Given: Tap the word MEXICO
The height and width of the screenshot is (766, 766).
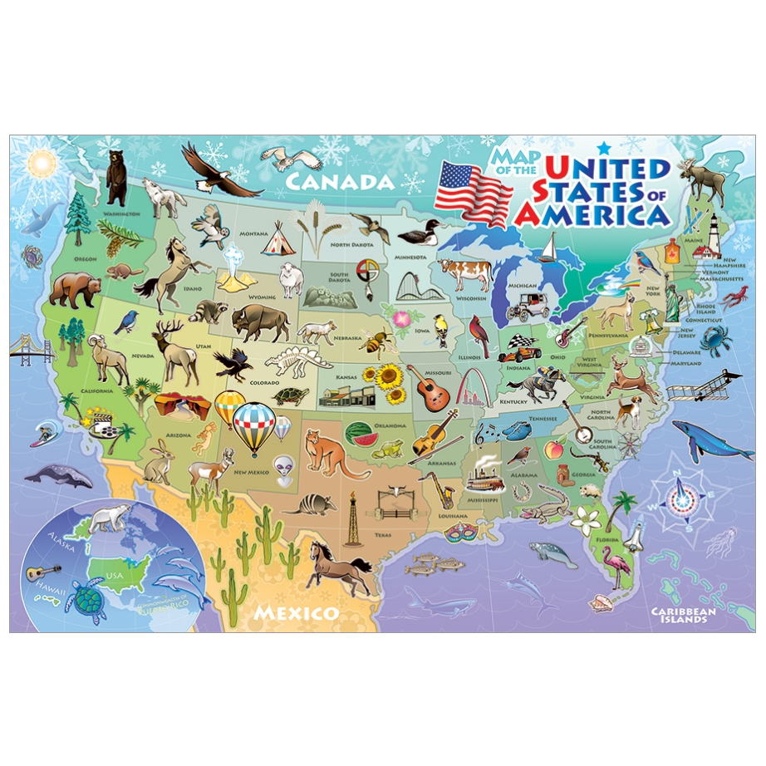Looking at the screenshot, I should [x=297, y=613].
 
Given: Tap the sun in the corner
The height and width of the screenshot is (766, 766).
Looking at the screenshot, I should [x=40, y=163].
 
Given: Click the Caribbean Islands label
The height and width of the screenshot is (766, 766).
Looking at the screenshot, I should [x=685, y=615].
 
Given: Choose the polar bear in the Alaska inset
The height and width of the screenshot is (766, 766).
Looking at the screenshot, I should [x=110, y=519].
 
